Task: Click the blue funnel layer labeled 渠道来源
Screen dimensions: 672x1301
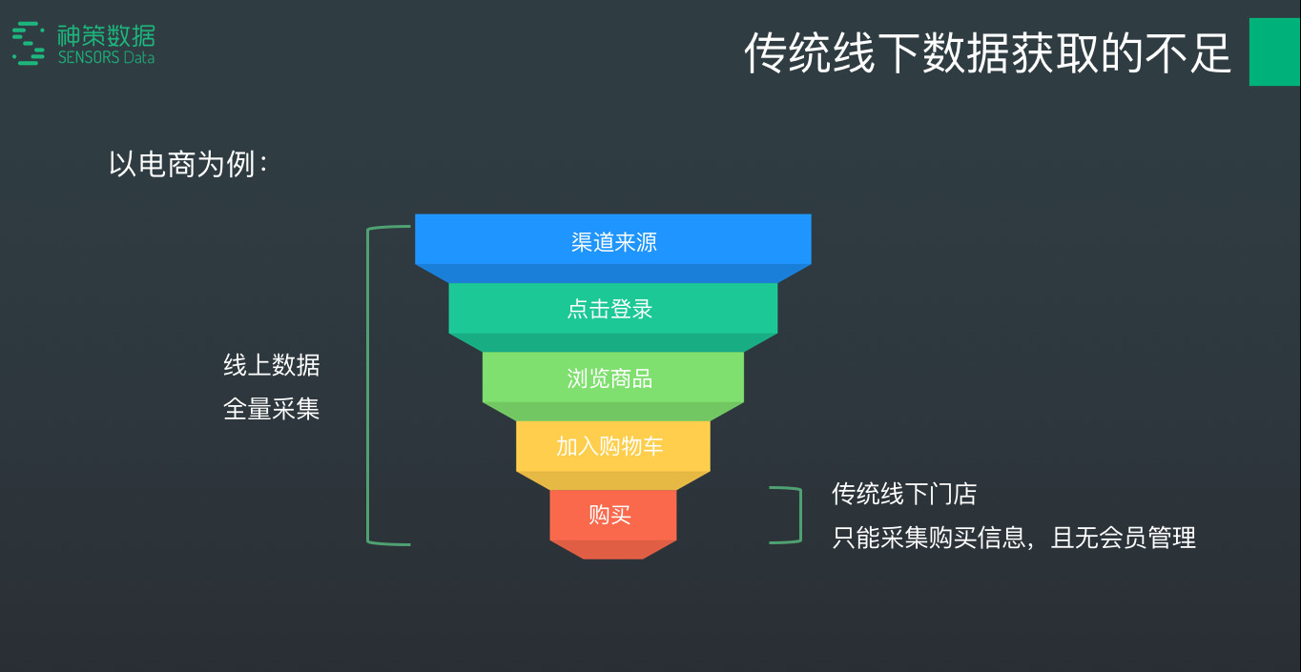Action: point(613,241)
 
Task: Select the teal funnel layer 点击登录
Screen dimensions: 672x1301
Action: point(611,309)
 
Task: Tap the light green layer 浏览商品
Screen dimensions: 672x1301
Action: point(611,378)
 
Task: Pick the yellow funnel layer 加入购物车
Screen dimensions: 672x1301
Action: point(611,446)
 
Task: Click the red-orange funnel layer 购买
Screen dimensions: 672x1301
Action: point(611,516)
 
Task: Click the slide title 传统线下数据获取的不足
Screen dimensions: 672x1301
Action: point(987,52)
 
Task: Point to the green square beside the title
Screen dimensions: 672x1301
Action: point(1274,52)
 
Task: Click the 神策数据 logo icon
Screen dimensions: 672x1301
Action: point(29,44)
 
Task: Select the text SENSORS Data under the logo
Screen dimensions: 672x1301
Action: point(106,58)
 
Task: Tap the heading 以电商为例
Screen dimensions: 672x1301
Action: point(188,164)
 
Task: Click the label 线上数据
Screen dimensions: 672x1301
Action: point(272,365)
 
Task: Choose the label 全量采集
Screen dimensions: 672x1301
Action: point(272,410)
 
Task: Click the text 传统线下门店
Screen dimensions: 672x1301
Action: point(904,494)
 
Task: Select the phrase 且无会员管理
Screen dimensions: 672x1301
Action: point(1124,538)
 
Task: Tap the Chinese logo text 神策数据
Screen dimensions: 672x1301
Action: point(106,36)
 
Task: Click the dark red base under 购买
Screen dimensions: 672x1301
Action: point(613,549)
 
